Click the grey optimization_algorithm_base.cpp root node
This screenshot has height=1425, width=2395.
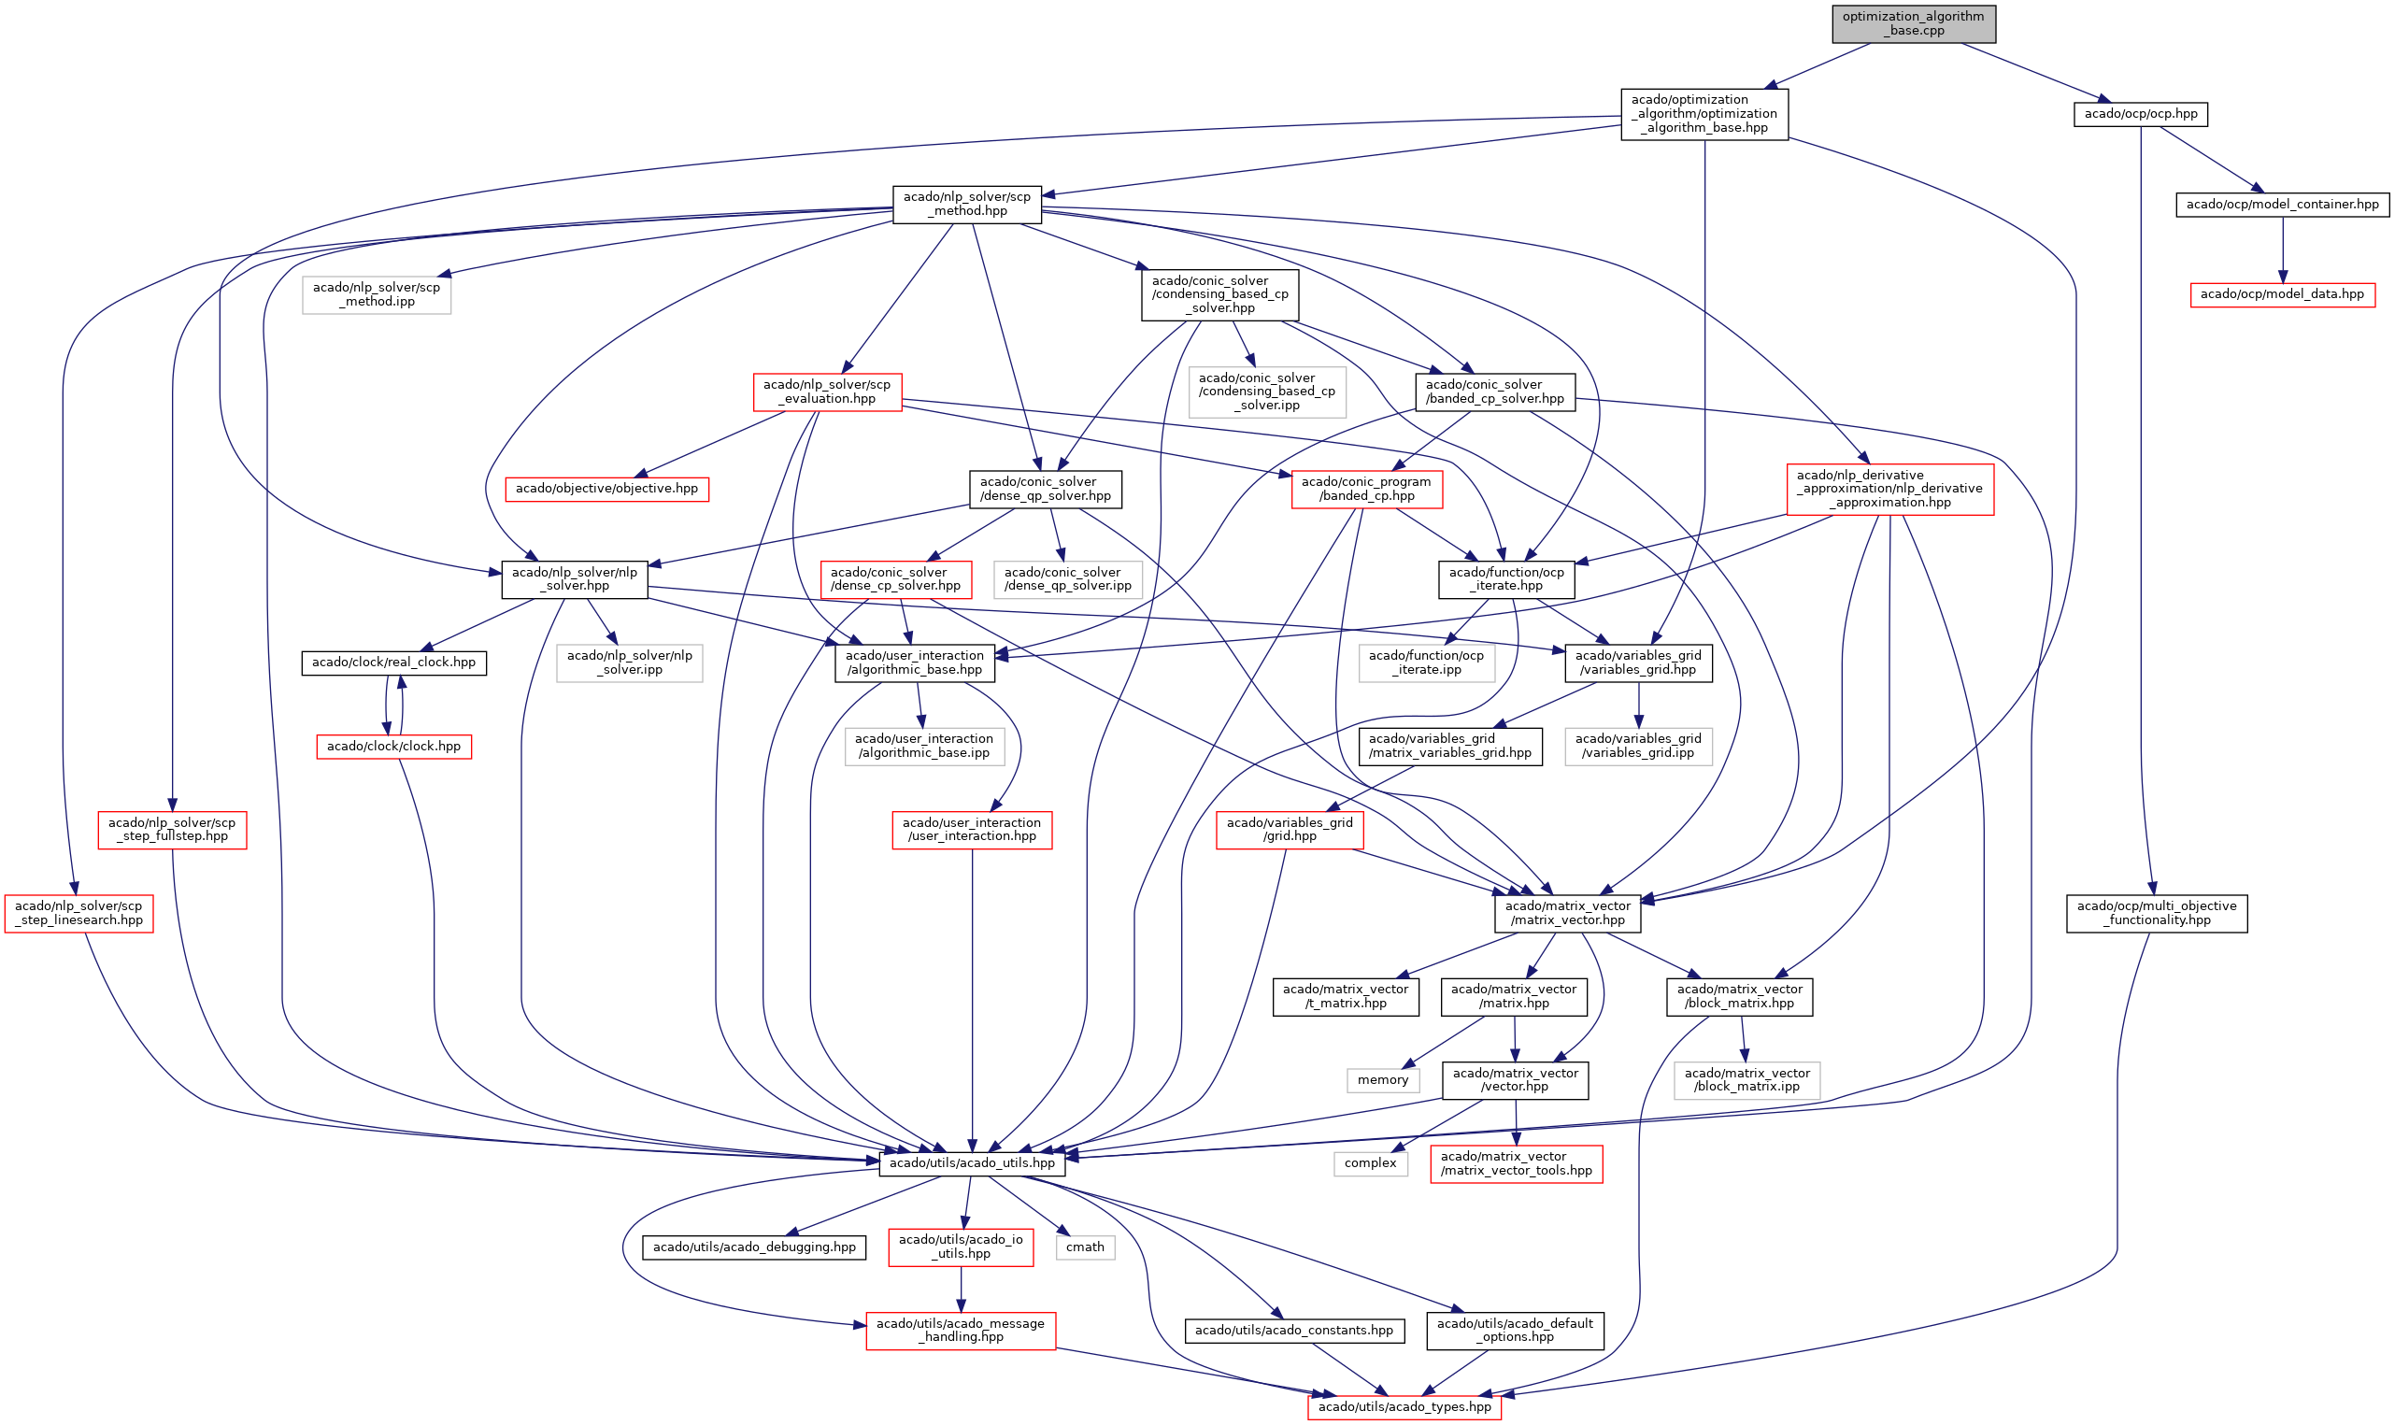(1912, 23)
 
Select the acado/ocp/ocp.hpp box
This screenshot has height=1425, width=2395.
(2140, 114)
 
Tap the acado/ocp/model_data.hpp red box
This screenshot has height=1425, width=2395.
(2281, 293)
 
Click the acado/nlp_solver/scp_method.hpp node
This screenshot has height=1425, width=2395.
(966, 204)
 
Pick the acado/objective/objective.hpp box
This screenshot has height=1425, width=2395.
(606, 489)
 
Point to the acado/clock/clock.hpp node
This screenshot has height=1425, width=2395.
(392, 746)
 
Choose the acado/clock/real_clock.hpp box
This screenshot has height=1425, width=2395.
(392, 663)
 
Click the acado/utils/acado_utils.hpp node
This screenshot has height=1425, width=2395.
(971, 1162)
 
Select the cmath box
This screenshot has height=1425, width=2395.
(1084, 1247)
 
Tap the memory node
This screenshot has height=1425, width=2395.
(1382, 1080)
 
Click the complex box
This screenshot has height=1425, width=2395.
(1369, 1162)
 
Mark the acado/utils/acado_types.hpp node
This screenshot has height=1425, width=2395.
(1403, 1406)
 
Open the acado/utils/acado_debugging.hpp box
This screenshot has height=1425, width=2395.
(753, 1247)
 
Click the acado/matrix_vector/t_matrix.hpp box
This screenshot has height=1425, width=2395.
(1345, 996)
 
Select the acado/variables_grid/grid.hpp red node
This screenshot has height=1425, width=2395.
(1289, 830)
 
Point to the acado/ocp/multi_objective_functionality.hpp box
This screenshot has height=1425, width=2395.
(2156, 913)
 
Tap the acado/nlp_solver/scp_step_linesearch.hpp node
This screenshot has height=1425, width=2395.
(78, 913)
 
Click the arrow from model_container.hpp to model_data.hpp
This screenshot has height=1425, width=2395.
(2282, 249)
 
